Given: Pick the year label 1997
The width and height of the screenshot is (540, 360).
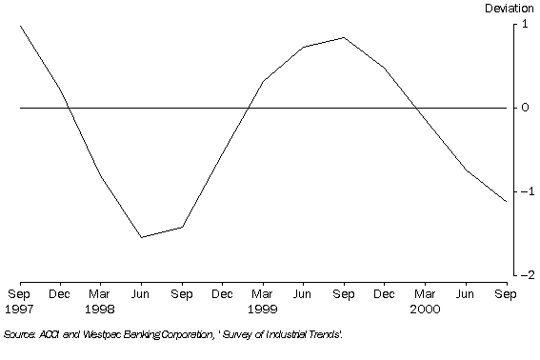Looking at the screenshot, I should pyautogui.click(x=19, y=310).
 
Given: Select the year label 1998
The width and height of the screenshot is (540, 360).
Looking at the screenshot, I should pyautogui.click(x=100, y=310).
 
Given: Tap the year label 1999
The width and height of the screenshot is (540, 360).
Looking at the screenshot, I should pyautogui.click(x=262, y=310).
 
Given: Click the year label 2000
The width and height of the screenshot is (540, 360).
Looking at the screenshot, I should pyautogui.click(x=424, y=310).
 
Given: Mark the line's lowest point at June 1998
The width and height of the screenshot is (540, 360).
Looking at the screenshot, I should pyautogui.click(x=141, y=237).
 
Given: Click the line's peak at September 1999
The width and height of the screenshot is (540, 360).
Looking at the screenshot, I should pyautogui.click(x=343, y=37).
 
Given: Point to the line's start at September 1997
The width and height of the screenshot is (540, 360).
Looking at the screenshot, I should pyautogui.click(x=20, y=26).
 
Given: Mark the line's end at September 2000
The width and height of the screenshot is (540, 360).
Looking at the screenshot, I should pyautogui.click(x=505, y=201).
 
